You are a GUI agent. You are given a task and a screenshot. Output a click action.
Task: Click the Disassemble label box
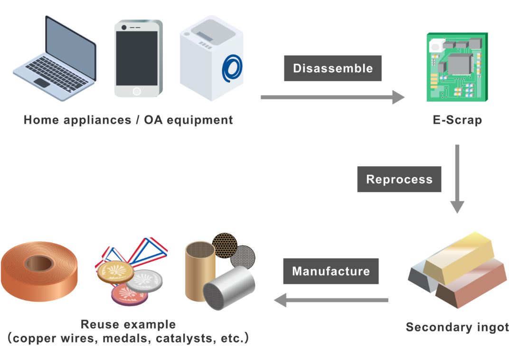332,68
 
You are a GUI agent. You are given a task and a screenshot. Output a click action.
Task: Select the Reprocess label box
399,180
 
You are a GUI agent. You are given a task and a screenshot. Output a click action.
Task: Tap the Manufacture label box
330,271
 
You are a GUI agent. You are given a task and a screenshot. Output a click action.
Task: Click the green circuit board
456,67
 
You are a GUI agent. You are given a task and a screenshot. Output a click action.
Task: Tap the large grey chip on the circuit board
458,65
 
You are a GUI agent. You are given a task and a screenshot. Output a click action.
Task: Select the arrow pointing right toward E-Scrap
332,97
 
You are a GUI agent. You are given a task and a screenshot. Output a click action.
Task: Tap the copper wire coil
39,273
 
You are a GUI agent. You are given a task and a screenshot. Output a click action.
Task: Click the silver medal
144,280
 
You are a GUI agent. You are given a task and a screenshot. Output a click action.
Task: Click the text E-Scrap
457,120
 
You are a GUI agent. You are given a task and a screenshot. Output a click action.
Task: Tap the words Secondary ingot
457,327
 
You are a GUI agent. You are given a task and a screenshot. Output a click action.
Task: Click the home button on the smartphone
137,91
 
